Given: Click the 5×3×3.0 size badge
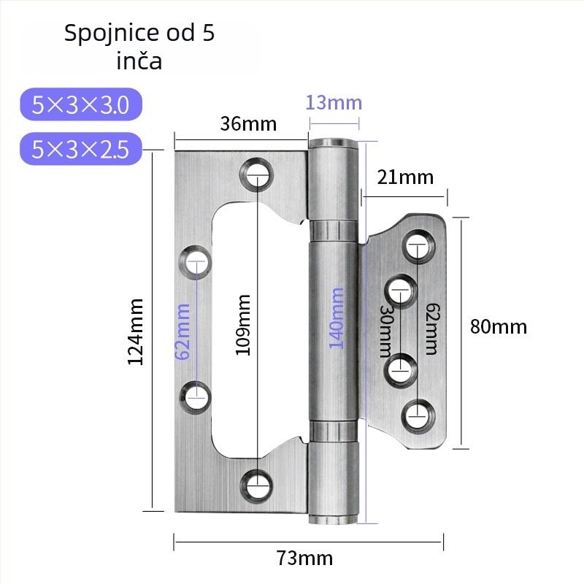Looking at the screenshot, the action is point(81,104).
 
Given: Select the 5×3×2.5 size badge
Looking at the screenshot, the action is point(81,149).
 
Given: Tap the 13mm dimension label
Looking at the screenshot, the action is point(334,103).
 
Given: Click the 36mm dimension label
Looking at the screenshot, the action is point(248,124).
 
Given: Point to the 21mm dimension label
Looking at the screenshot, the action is point(405,177).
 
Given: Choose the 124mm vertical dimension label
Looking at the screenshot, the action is point(136,331).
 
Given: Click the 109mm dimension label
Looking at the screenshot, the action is point(243,325).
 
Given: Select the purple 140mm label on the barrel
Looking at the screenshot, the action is point(336,318).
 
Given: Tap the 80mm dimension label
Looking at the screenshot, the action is point(499,326).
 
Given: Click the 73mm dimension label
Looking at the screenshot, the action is point(304,558).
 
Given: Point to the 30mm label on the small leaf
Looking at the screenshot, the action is point(386,331).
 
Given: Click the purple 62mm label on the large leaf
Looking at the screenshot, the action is point(183,331).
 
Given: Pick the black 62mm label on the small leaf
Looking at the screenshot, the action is point(432,329).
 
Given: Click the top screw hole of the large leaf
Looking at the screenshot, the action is point(257,174).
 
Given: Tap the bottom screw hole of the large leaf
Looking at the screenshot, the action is point(256,485).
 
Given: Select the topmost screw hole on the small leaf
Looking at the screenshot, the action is point(418,245).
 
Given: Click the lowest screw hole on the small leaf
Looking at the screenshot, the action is point(418,415).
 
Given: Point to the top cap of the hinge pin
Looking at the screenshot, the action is point(334,143).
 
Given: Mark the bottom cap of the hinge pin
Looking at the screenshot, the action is point(334,520).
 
